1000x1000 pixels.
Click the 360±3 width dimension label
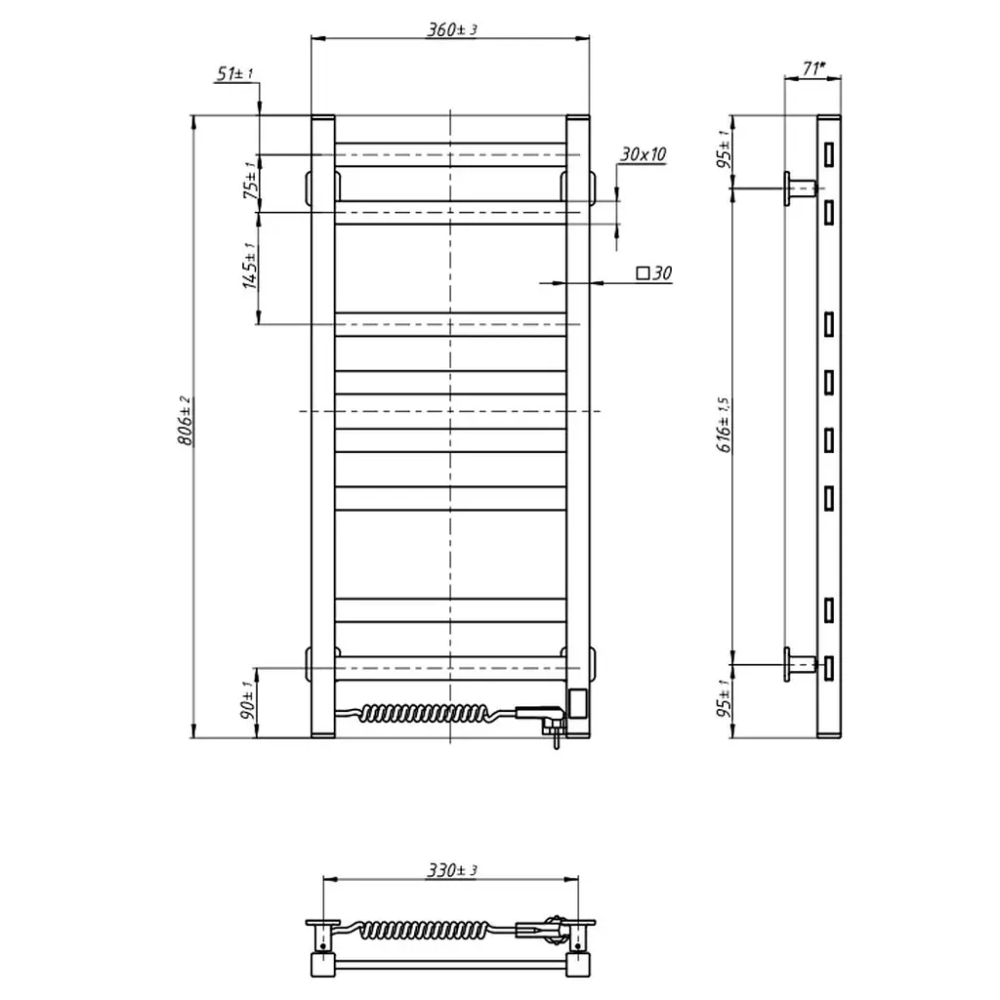(451, 29)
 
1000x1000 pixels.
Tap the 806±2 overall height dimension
(185, 420)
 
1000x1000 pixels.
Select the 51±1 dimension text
(235, 74)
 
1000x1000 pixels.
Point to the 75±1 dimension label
(252, 180)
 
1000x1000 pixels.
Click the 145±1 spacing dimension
(250, 266)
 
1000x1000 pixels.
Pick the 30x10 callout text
(643, 154)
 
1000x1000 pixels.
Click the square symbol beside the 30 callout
(643, 273)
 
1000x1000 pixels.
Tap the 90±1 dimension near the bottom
(248, 700)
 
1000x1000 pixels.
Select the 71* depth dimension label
(813, 67)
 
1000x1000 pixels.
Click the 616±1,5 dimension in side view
(725, 425)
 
